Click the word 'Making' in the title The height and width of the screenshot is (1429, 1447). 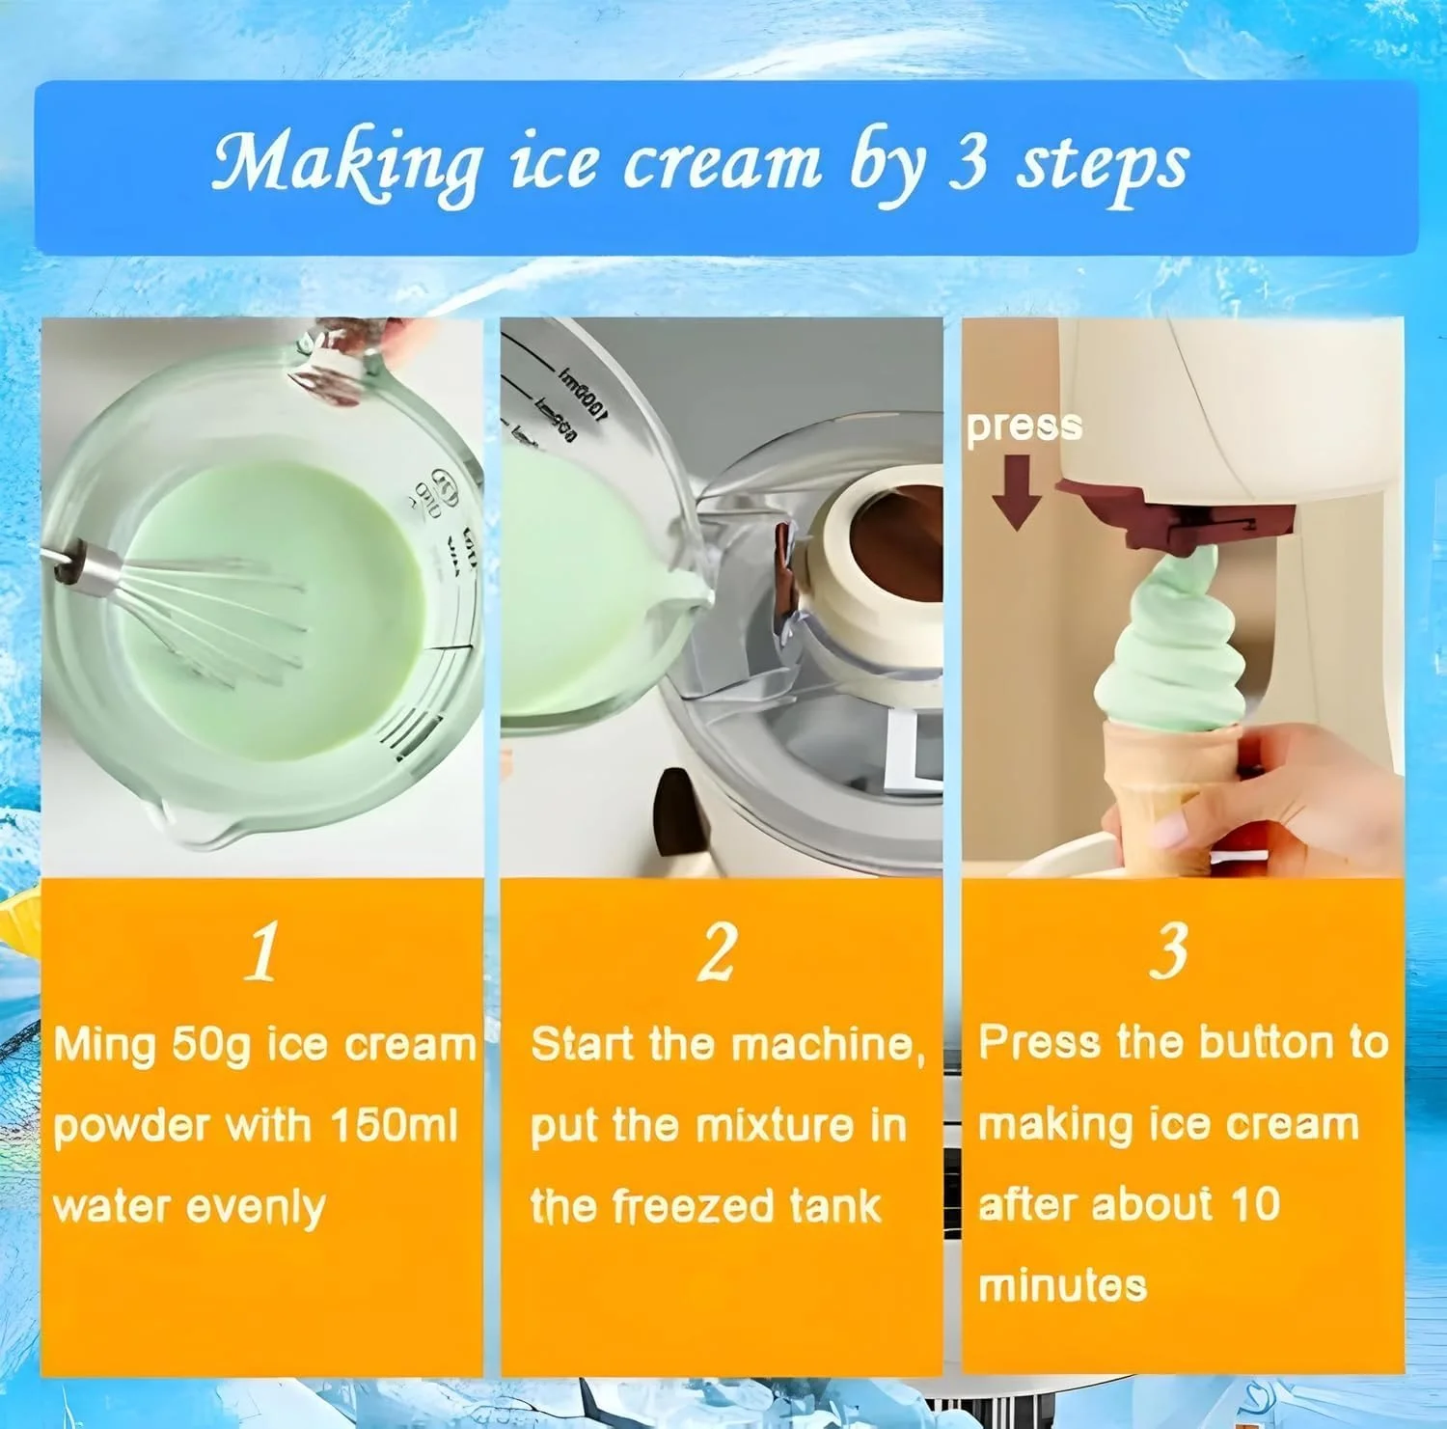[346, 163]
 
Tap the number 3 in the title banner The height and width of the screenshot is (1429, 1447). [967, 161]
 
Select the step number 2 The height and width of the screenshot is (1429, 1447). [718, 951]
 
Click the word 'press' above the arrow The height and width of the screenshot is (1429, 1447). [1024, 426]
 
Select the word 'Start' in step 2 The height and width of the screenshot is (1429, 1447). [582, 1045]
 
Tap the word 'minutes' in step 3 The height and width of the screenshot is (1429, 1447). [1062, 1286]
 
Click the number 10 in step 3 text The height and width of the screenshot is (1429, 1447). [1255, 1203]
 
